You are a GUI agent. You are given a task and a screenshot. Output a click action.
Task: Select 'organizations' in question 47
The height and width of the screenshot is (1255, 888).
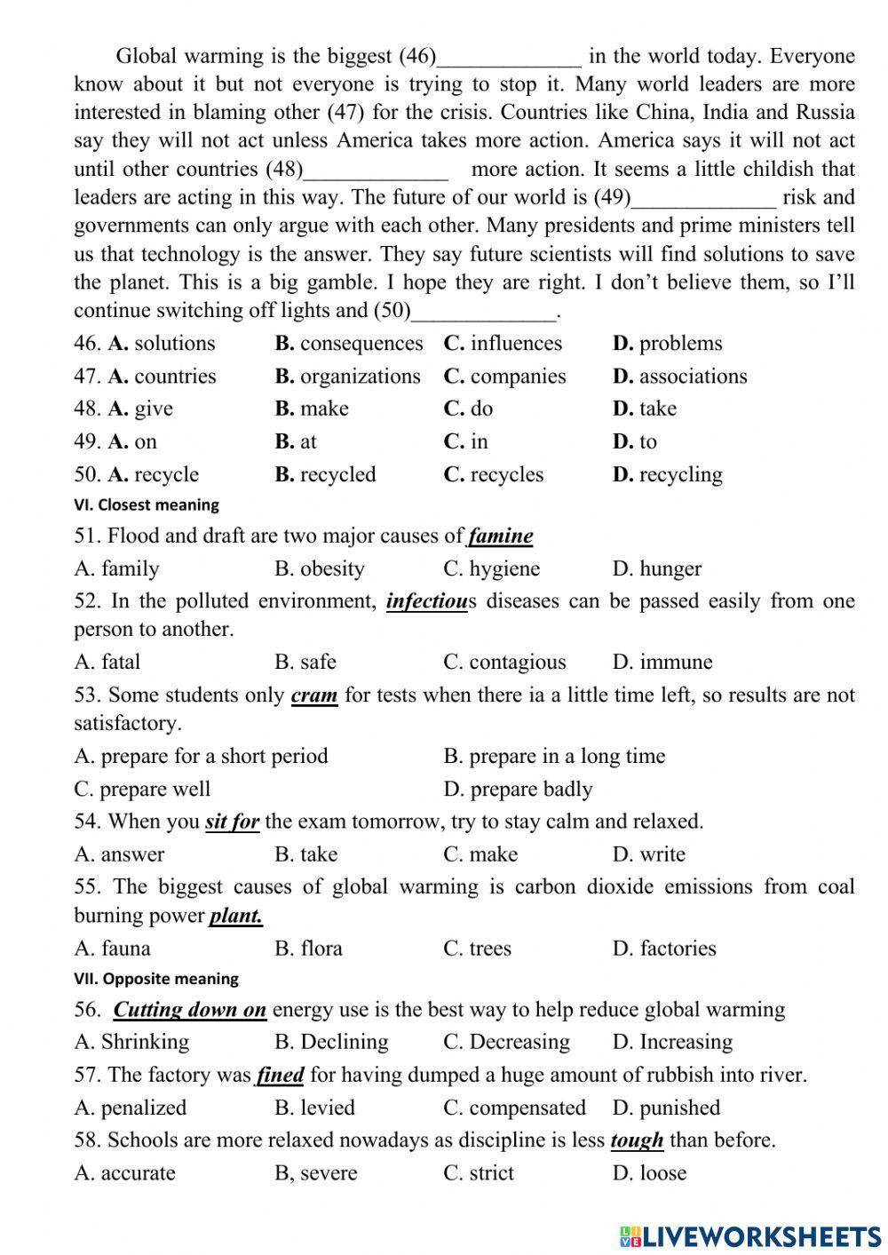pos(360,377)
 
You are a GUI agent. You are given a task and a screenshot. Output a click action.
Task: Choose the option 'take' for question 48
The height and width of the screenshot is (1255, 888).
pos(657,409)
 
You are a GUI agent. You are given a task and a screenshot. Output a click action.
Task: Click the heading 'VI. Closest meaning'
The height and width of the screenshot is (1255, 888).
pos(147,504)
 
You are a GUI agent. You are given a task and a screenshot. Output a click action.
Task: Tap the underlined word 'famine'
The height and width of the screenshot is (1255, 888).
pos(501,536)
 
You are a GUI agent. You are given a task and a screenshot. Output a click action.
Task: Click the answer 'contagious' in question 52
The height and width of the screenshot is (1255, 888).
pos(517,662)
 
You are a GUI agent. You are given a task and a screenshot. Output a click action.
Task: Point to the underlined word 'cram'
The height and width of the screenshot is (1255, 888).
pos(314,695)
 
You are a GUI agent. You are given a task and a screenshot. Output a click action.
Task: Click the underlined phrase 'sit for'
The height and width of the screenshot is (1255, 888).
pos(232,822)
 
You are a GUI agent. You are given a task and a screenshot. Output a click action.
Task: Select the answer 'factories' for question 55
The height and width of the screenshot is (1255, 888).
pos(677,948)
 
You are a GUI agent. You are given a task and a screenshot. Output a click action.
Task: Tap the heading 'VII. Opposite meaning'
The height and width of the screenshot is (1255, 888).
pos(156,979)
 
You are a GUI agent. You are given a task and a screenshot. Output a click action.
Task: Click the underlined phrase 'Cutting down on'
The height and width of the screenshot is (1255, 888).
pos(190,1010)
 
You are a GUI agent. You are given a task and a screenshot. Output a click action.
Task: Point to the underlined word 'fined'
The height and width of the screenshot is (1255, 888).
pos(281,1076)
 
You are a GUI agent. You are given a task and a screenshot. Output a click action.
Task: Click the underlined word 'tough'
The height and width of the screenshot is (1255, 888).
pos(638,1140)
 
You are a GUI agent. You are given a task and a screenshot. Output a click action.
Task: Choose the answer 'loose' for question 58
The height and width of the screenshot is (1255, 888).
pos(662,1172)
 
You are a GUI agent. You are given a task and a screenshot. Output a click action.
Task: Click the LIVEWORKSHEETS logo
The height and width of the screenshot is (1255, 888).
pos(750,1235)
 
